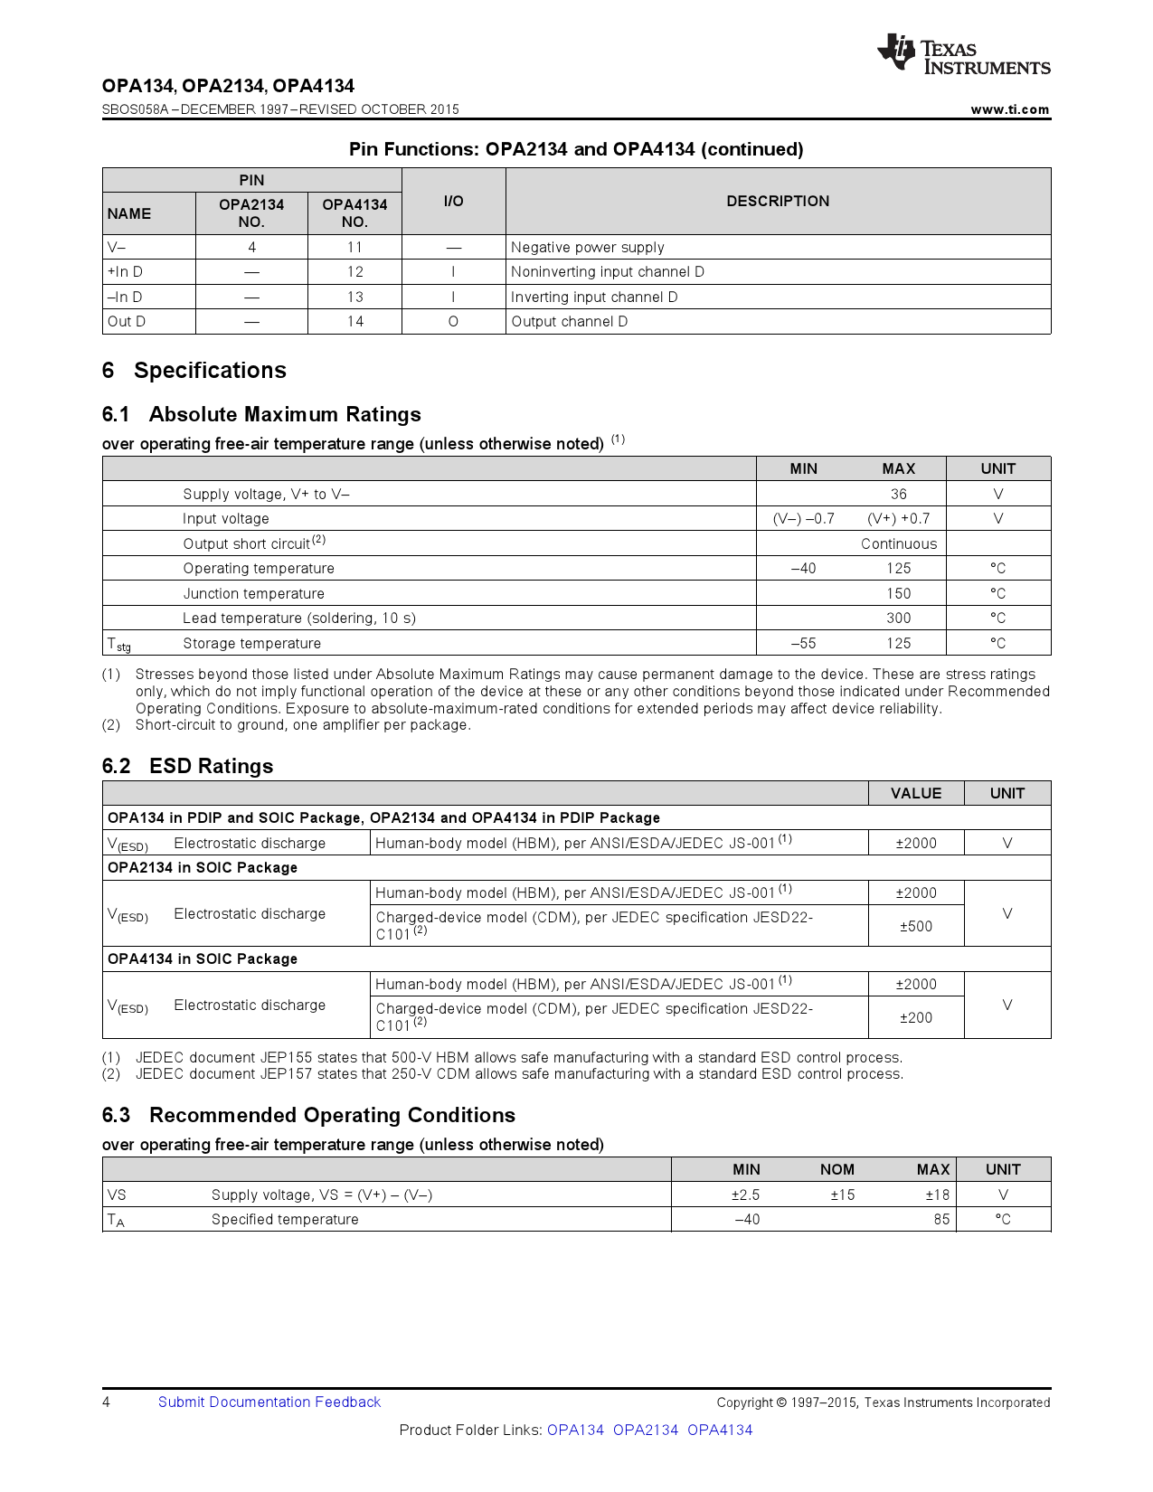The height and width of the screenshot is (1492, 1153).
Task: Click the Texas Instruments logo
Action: pyautogui.click(x=962, y=54)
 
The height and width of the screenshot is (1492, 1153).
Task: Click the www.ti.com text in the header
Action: pyautogui.click(x=1009, y=109)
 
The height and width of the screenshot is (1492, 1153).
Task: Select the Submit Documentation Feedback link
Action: pyautogui.click(x=269, y=1402)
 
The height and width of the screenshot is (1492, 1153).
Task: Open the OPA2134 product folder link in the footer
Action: pyautogui.click(x=645, y=1430)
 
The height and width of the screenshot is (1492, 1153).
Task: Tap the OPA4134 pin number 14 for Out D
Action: pyautogui.click(x=355, y=322)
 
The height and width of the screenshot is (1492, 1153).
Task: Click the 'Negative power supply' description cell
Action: pyautogui.click(x=587, y=248)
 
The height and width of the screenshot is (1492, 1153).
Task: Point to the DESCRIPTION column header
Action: pyautogui.click(x=778, y=201)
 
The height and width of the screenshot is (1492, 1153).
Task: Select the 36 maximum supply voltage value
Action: pyautogui.click(x=898, y=494)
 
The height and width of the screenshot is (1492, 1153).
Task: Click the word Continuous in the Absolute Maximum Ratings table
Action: pyautogui.click(x=898, y=543)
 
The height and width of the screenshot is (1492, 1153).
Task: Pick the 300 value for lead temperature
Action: pyautogui.click(x=898, y=619)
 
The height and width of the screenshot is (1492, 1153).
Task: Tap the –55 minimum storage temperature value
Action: pyautogui.click(x=803, y=644)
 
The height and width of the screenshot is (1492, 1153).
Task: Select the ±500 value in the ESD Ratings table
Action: pyautogui.click(x=915, y=926)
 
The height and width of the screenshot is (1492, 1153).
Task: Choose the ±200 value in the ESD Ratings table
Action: pyautogui.click(x=915, y=1017)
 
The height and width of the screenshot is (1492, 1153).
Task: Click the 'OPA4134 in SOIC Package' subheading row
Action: pyautogui.click(x=203, y=958)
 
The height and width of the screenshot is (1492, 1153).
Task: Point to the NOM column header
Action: pyautogui.click(x=836, y=1169)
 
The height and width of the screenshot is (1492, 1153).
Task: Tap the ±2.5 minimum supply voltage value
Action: pyautogui.click(x=745, y=1195)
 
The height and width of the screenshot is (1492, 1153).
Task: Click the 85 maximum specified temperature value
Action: pyautogui.click(x=941, y=1219)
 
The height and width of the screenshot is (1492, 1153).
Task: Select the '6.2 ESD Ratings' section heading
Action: pyautogui.click(x=187, y=766)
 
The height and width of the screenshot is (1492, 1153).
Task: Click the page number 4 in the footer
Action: pyautogui.click(x=107, y=1402)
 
